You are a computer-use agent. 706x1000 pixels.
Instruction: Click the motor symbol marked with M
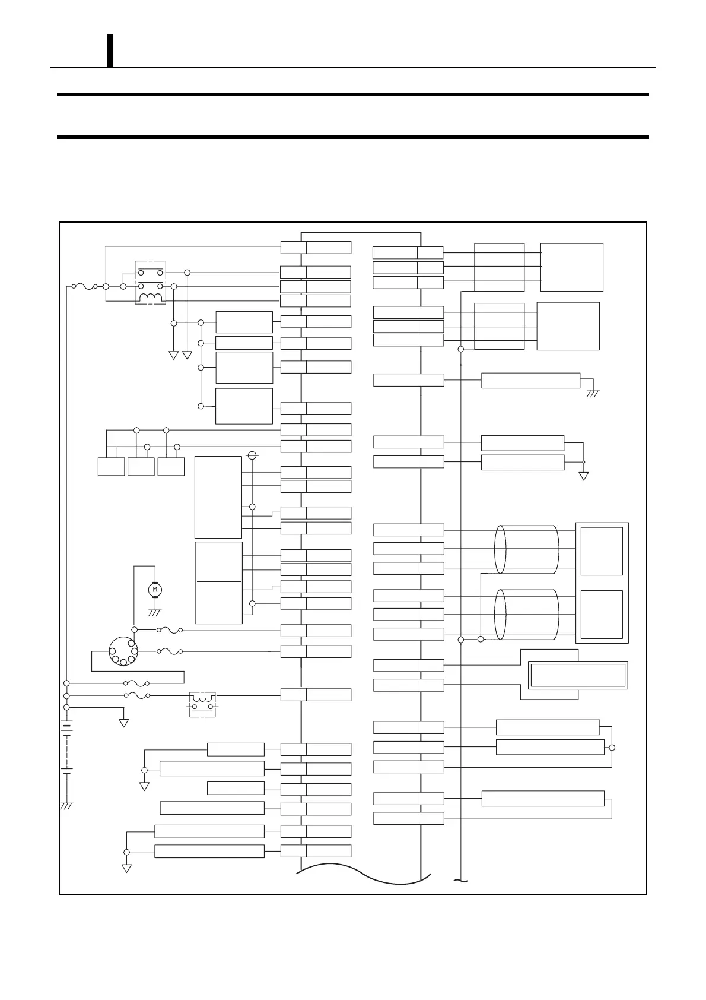tap(155, 589)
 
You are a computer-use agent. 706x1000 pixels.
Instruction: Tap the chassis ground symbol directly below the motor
tap(155, 613)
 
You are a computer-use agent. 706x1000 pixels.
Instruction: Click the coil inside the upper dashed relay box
tap(151, 298)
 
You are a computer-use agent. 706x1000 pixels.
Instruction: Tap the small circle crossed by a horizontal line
tap(252, 455)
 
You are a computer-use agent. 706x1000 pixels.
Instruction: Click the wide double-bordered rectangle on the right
tap(578, 675)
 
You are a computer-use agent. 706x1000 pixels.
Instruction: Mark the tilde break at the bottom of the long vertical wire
tap(460, 880)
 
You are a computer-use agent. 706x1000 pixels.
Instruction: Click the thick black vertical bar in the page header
tap(110, 50)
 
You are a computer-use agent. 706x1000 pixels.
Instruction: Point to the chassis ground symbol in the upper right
tap(593, 393)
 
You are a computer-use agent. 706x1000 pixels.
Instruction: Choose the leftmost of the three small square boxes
tap(111, 466)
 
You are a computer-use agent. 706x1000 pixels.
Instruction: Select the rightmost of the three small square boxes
tap(171, 466)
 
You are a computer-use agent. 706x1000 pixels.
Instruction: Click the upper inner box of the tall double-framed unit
tap(602, 551)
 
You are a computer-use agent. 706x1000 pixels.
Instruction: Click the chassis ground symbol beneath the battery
tap(66, 806)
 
